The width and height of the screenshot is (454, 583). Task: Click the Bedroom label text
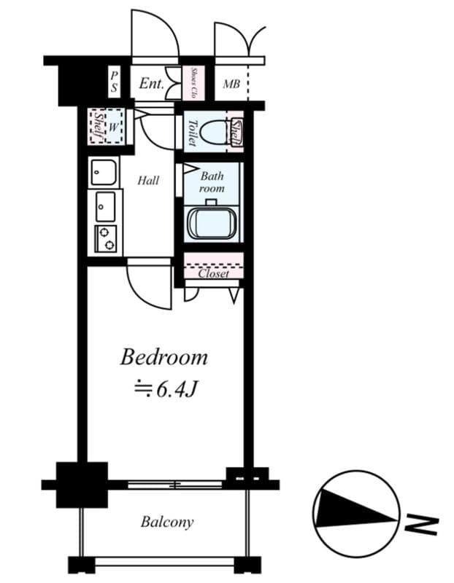(x=164, y=358)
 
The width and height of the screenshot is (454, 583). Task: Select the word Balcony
(x=167, y=522)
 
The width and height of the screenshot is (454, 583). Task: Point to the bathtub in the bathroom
(x=212, y=224)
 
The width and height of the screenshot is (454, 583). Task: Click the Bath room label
(x=212, y=182)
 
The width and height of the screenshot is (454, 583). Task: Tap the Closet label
(x=213, y=274)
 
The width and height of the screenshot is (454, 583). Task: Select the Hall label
(x=148, y=180)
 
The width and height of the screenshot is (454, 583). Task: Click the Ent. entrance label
(x=151, y=84)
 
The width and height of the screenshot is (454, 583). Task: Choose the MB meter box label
(x=231, y=84)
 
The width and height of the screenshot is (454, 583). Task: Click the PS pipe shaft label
(x=115, y=81)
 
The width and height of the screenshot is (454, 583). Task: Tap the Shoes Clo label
(x=194, y=83)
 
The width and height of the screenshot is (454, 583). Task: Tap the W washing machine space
(x=113, y=126)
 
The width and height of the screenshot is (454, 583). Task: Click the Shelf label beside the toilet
(x=236, y=132)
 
